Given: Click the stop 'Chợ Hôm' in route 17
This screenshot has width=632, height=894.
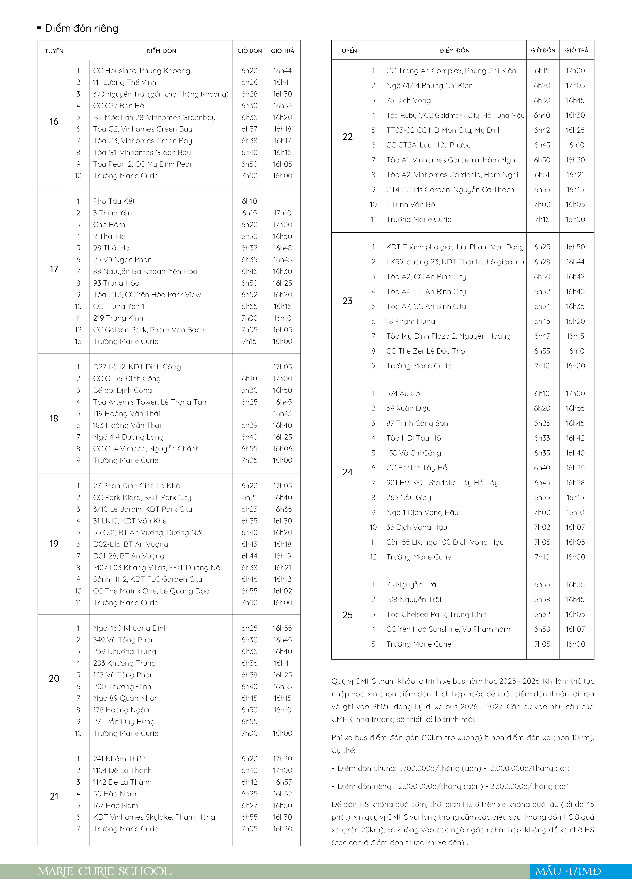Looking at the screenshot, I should coord(109,225).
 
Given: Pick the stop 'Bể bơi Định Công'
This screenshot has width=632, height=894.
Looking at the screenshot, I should coord(122,390).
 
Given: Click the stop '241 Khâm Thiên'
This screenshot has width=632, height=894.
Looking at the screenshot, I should coord(120,758).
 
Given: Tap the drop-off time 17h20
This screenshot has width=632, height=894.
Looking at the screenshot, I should coord(282,758).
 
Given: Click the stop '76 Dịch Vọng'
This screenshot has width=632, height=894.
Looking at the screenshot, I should coord(408,100).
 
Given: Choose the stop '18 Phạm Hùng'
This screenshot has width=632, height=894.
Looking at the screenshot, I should coord(410,321).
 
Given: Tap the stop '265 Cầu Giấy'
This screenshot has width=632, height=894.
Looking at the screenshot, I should coord(408,498).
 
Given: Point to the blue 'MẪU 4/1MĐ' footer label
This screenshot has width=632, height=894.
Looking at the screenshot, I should coord(568,871).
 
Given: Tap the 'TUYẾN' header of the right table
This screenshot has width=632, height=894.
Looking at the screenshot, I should coord(347,51).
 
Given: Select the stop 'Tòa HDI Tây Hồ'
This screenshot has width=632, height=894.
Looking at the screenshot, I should coord(414,438).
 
